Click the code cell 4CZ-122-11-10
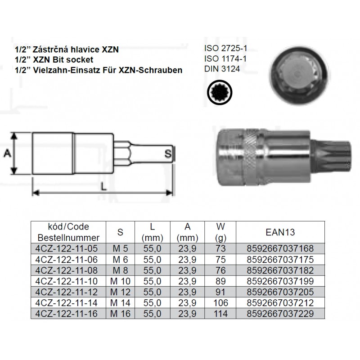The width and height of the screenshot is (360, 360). (66, 281)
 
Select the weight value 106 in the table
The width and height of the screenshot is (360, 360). (220, 303)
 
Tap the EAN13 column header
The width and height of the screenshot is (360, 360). (280, 232)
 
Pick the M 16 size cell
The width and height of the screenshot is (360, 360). (120, 314)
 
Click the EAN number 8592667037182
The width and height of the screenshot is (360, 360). (280, 270)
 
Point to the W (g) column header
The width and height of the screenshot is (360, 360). (220, 232)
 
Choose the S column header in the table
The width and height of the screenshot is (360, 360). (120, 232)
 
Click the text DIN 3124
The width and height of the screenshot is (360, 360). (222, 69)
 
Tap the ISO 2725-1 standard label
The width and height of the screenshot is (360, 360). (226, 48)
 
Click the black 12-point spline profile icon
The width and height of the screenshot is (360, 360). (220, 92)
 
